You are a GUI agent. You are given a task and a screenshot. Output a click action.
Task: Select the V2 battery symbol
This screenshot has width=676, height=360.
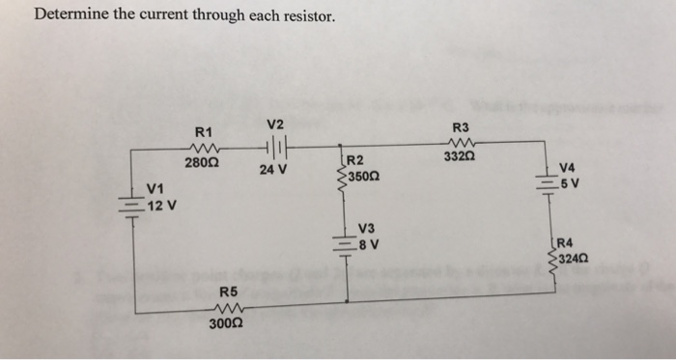click(x=275, y=148)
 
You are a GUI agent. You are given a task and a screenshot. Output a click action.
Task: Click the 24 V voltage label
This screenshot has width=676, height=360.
click(x=273, y=170)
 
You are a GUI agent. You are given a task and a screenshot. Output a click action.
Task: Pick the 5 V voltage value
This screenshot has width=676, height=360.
click(x=570, y=181)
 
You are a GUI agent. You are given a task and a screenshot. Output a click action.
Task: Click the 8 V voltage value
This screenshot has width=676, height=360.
click(x=370, y=243)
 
